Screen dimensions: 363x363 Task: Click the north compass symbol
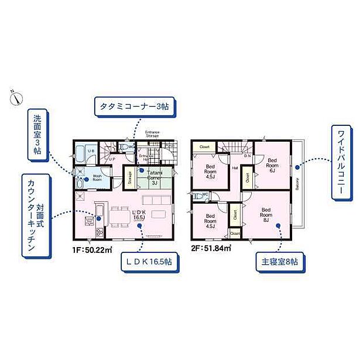pyautogui.click(x=15, y=97)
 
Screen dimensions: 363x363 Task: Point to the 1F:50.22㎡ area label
pyautogui.click(x=91, y=249)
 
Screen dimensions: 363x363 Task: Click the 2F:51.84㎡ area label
pyautogui.click(x=210, y=249)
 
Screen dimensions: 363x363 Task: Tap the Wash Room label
pyautogui.click(x=97, y=179)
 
